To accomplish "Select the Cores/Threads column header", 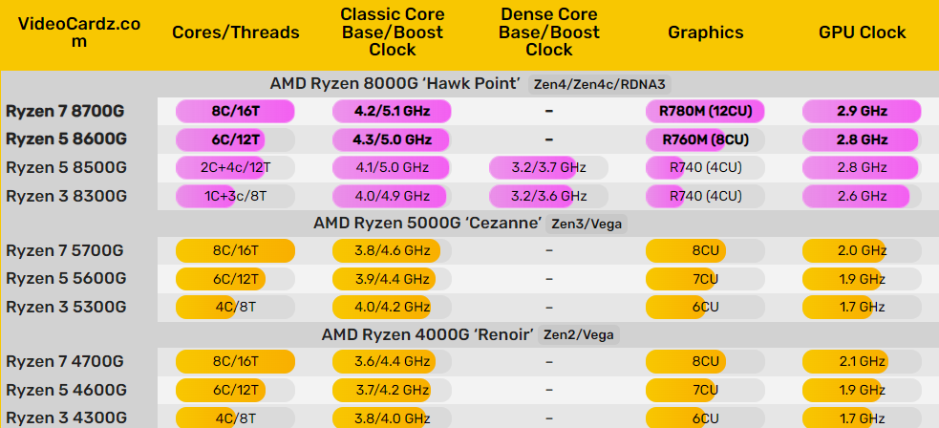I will (x=235, y=32).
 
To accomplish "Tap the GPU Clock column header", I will (x=862, y=32).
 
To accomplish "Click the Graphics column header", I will (x=705, y=32).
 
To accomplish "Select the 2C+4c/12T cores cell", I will (x=235, y=168).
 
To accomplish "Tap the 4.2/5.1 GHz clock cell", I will (x=392, y=112).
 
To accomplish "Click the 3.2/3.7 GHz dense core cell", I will (x=548, y=168).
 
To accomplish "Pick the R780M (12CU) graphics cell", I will (x=705, y=112).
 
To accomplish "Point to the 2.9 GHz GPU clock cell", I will (x=862, y=112).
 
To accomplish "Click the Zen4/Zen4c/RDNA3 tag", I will (x=587, y=84).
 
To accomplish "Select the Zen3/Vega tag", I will (x=585, y=224).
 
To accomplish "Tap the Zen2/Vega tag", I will (x=580, y=335).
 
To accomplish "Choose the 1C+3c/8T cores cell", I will (x=235, y=196).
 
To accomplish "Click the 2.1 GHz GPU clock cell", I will (x=862, y=362).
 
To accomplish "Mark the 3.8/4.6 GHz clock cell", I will (x=392, y=251).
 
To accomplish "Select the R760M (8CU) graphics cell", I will (x=705, y=139).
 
